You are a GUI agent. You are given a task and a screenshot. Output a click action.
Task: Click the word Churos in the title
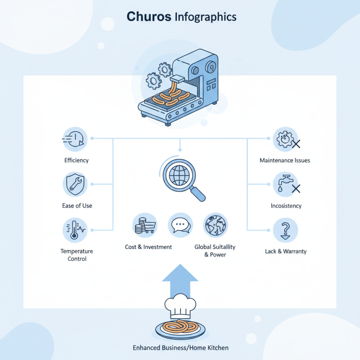(x=148, y=17)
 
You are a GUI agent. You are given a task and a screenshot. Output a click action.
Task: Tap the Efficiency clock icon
(x=76, y=139)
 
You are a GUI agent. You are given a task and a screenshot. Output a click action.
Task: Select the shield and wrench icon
(x=76, y=184)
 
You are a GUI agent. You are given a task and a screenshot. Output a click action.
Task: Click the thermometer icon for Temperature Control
(x=76, y=229)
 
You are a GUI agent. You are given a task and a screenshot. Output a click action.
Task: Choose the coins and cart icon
(x=145, y=225)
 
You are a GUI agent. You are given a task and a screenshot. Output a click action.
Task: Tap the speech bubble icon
(x=180, y=225)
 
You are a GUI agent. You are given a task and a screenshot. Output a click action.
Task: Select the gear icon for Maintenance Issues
(x=285, y=139)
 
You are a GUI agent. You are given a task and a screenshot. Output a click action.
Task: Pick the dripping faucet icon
(x=285, y=184)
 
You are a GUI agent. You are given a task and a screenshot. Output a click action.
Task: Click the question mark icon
(x=285, y=229)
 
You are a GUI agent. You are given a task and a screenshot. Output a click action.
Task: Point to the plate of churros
(x=180, y=328)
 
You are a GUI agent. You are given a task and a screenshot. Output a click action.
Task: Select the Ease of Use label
(x=76, y=206)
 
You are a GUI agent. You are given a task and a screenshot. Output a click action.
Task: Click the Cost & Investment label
(x=148, y=247)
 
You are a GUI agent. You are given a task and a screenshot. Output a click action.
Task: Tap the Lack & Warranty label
(x=286, y=251)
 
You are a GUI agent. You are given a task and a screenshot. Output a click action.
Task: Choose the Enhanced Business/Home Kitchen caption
(x=180, y=348)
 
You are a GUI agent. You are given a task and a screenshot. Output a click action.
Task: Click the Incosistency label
(x=286, y=206)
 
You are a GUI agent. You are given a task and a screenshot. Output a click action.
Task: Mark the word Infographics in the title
(x=205, y=17)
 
